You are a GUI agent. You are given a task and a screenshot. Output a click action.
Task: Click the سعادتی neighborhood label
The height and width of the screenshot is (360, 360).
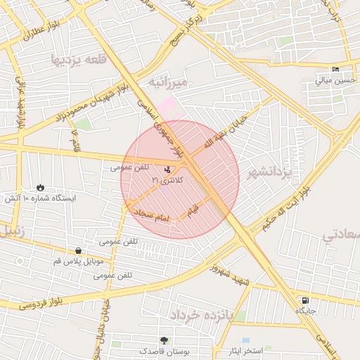pos(342,235)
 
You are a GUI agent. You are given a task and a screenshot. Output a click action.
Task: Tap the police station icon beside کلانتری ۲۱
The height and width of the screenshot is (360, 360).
pos(167,169)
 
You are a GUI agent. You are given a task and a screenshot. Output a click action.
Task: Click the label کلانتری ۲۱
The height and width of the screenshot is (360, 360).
pos(167,181)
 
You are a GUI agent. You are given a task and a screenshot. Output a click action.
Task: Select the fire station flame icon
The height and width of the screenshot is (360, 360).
pos(40,188)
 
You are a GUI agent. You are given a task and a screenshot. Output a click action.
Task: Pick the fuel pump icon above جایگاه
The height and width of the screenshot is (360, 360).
pos(304,300)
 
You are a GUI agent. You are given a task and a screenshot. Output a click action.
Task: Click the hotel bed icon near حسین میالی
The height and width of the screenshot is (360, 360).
pos(335,69)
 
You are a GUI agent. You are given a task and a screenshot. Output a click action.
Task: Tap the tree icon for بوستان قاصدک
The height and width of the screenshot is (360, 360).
pos(164,340)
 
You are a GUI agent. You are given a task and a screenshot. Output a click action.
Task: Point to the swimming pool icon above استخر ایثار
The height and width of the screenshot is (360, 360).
pos(245,340)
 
